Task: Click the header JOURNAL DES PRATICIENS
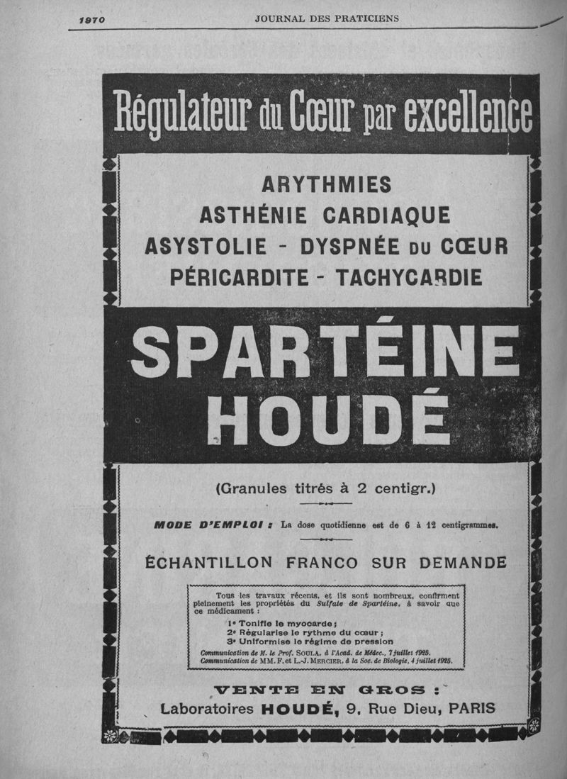click(327, 18)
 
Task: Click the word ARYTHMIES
click(326, 184)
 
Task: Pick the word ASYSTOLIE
click(206, 246)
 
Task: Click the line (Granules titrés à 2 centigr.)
click(325, 488)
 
